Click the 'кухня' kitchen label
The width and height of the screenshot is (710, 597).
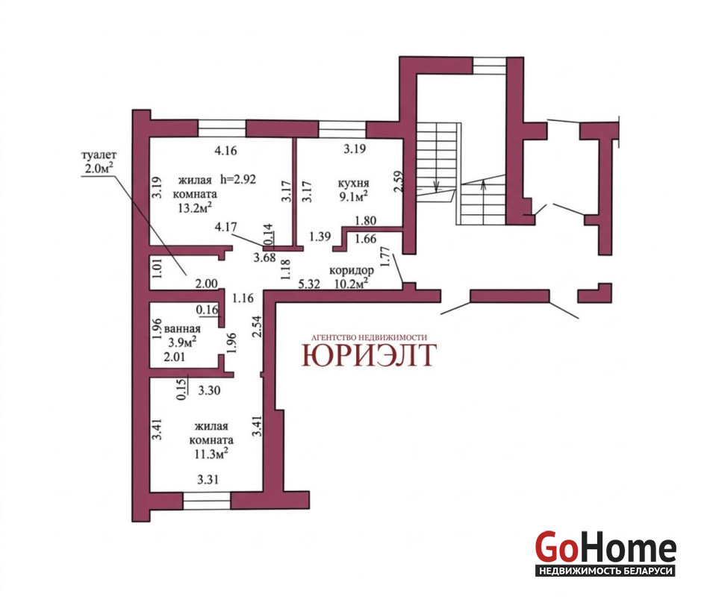(x=353, y=184)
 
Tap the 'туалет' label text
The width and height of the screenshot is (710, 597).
(x=99, y=155)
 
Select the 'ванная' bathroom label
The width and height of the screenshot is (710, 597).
(x=182, y=328)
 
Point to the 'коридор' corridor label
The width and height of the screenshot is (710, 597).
(x=352, y=270)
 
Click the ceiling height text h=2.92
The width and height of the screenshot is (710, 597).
(x=238, y=179)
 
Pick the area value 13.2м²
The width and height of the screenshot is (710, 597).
(x=195, y=207)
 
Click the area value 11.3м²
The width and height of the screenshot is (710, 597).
(x=211, y=454)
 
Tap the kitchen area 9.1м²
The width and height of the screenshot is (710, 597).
(x=353, y=196)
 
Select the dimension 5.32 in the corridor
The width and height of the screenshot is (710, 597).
(x=309, y=284)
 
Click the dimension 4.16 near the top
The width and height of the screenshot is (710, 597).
(x=225, y=150)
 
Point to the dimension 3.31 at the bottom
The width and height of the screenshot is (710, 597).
(x=208, y=479)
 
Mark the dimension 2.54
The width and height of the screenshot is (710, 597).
(x=257, y=326)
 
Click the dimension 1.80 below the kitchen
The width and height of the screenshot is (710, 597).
(x=365, y=220)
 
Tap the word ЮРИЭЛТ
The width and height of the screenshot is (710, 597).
(x=369, y=354)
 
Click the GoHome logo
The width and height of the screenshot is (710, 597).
(x=605, y=553)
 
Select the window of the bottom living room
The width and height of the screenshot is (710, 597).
(x=207, y=501)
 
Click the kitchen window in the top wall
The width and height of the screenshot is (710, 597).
(x=343, y=129)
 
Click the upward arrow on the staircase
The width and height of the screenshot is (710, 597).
(x=484, y=186)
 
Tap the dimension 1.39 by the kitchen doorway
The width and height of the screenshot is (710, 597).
(x=320, y=237)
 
